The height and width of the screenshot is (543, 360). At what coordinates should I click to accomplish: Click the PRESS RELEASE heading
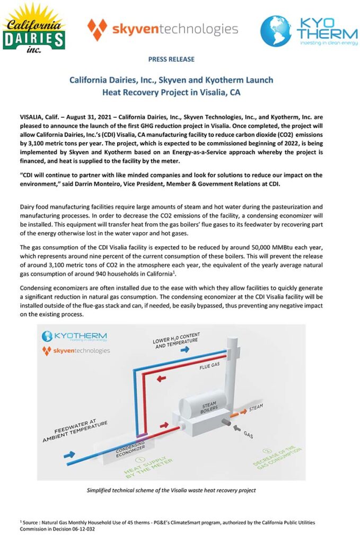click(171, 59)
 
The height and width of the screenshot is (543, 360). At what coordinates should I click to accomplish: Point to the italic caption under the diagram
click(171, 491)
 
